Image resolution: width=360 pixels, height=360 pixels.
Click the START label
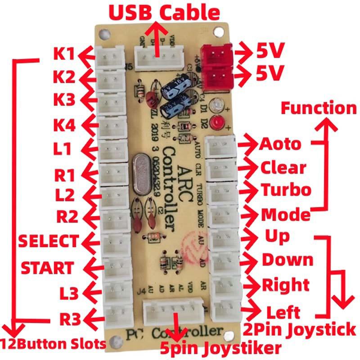[x=48, y=268]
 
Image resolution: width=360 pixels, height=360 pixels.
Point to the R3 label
[x=70, y=319]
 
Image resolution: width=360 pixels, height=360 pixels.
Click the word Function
[x=319, y=108]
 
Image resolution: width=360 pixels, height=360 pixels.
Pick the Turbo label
[x=286, y=189]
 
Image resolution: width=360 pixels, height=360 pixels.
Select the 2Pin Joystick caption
[x=299, y=330]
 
